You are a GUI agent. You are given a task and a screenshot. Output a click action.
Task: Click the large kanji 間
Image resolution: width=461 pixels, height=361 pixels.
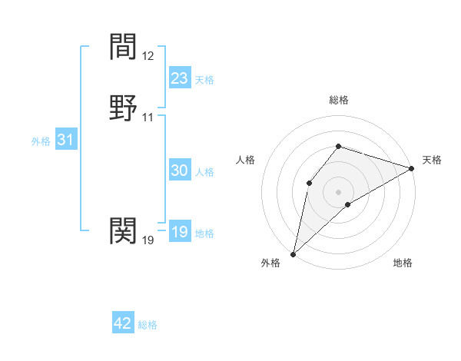123,48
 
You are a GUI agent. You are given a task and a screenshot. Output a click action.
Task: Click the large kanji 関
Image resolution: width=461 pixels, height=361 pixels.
123,230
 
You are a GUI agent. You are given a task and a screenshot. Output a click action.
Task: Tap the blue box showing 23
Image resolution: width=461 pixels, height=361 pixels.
180,78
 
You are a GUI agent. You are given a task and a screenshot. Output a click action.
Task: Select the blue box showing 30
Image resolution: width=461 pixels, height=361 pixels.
180,171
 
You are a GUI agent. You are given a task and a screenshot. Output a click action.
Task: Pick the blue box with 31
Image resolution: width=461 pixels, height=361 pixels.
66,141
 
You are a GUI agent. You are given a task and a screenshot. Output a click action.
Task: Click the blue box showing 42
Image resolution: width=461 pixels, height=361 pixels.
123,323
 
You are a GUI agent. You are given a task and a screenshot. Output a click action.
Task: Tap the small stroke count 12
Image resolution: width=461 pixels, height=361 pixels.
148,56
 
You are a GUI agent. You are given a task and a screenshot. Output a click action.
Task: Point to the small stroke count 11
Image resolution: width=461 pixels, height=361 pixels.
148,118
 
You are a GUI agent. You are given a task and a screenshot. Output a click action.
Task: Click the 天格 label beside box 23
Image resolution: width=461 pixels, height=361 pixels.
204,80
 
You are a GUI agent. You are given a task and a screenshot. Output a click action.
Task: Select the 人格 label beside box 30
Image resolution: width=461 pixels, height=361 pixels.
204,173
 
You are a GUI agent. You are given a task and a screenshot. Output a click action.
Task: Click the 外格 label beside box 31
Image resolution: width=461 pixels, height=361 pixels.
41,142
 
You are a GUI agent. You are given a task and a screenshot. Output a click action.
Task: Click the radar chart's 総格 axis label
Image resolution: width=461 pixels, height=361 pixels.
339,101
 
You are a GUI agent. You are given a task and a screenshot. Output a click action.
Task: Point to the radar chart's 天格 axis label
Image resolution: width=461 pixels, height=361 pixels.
432,160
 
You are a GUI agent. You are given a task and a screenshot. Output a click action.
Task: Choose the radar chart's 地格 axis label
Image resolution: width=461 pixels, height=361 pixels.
403,263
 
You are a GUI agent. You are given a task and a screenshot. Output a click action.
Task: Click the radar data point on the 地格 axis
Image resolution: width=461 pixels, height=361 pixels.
348,204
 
